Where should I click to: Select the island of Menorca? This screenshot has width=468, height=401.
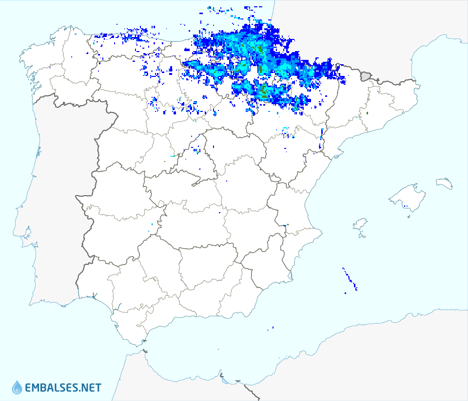click(x=444, y=183)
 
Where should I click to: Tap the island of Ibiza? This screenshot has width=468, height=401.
click(x=360, y=224)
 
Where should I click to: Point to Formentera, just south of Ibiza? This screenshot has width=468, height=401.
click(x=361, y=237)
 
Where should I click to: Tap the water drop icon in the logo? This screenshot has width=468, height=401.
click(x=17, y=387)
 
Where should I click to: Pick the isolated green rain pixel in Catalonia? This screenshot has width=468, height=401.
click(x=367, y=113)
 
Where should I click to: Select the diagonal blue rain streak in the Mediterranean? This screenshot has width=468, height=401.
click(x=350, y=279)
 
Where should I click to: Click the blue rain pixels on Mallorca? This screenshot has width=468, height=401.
click(x=406, y=206)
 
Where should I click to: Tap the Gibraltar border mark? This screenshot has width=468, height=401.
click(x=145, y=351)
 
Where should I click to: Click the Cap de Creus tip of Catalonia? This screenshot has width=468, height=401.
click(x=418, y=87)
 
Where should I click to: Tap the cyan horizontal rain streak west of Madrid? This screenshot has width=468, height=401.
click(x=172, y=156)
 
